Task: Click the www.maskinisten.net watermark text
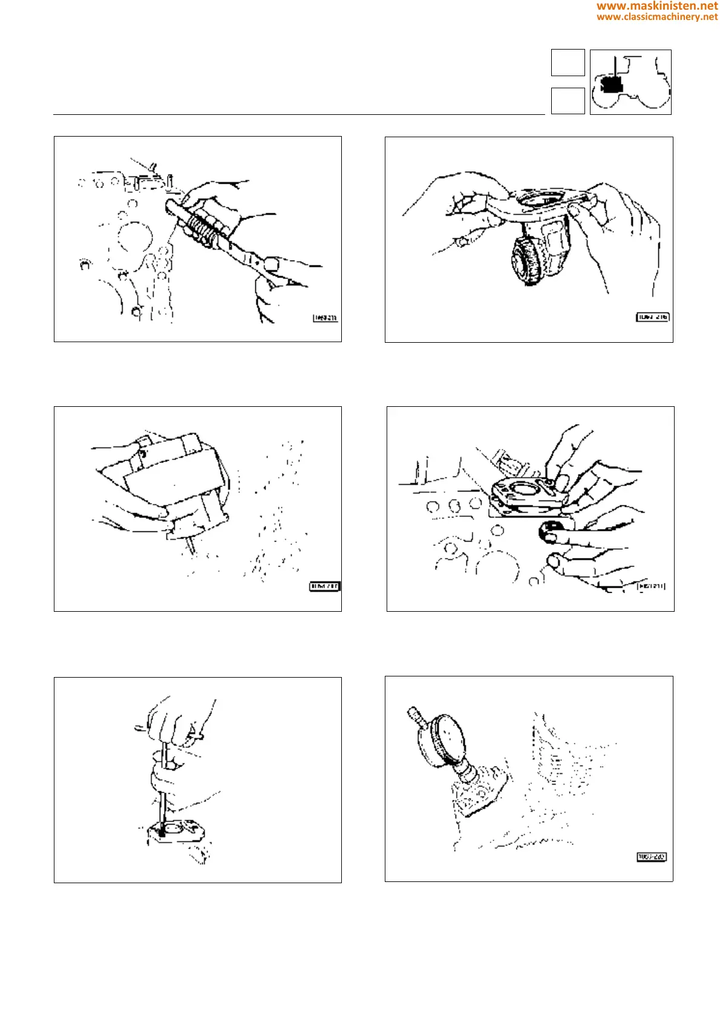click(657, 6)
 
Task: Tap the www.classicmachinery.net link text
click(657, 17)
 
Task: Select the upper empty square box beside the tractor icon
click(568, 62)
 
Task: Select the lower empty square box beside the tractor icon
click(568, 100)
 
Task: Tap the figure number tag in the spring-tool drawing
click(326, 318)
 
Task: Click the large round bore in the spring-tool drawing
click(134, 237)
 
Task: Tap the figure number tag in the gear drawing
click(653, 317)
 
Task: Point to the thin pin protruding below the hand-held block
click(190, 545)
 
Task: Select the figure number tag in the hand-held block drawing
click(325, 586)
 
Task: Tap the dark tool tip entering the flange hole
click(162, 832)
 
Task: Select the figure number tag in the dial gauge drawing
click(652, 857)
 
